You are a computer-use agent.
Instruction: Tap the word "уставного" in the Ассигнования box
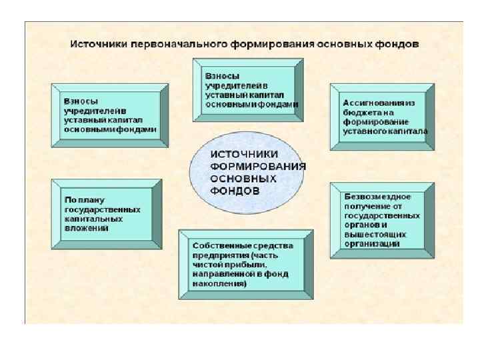pos(363,131)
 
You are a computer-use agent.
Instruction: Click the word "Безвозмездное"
pos(377,197)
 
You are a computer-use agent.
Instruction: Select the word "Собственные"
pos(215,246)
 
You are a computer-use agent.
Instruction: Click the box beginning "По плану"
pos(106,213)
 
